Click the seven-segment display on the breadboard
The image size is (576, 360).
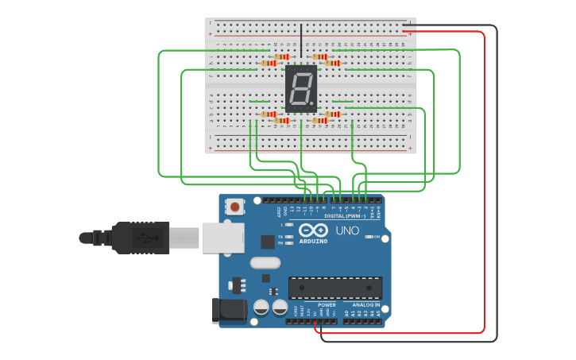tap(301, 87)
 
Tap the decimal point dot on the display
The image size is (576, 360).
tap(312, 106)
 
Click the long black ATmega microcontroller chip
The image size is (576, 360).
tap(334, 288)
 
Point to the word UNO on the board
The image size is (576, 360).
tap(346, 230)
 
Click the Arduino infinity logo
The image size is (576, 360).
tap(313, 230)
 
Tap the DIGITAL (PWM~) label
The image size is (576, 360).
tap(344, 215)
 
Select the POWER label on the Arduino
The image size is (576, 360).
tap(327, 305)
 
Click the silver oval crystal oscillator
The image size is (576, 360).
tap(265, 263)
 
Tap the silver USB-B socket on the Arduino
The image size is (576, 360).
tap(222, 238)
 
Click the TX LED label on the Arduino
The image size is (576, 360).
tap(281, 237)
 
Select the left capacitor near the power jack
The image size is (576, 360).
tap(261, 307)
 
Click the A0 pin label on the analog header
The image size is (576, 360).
tap(347, 314)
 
